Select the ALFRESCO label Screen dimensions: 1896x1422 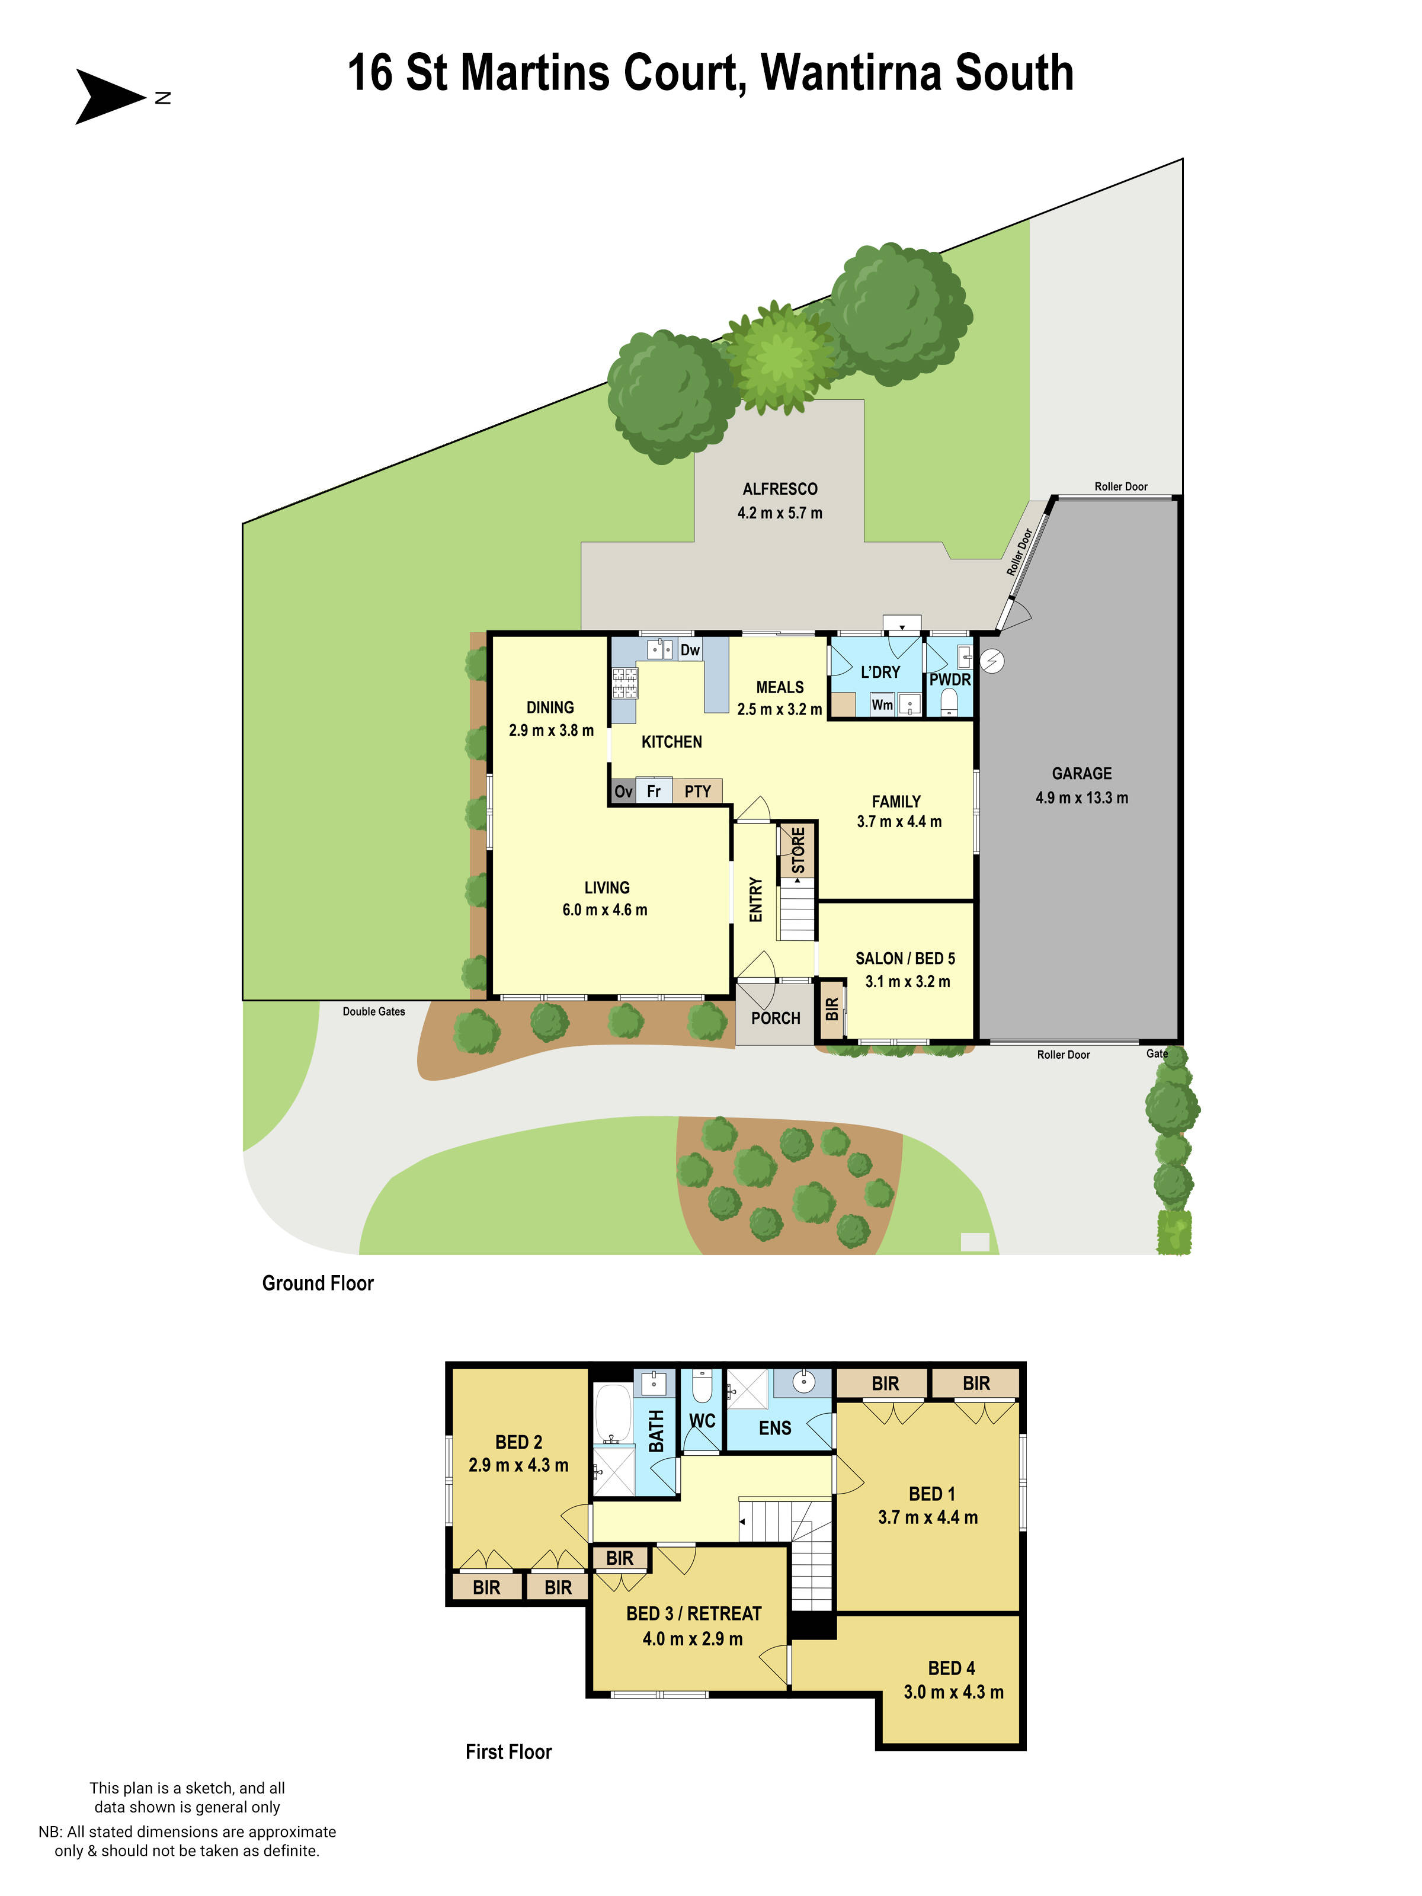(x=779, y=489)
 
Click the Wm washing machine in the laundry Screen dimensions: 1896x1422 (x=882, y=704)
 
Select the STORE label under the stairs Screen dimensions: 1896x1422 (x=798, y=850)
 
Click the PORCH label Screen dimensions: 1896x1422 (x=775, y=1019)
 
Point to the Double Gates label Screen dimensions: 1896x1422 (x=374, y=1011)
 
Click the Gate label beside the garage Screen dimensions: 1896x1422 (x=1157, y=1053)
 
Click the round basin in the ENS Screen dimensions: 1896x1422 (x=804, y=1382)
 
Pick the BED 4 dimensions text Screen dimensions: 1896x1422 (x=953, y=1692)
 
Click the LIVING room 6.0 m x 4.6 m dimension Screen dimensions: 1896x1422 (x=604, y=909)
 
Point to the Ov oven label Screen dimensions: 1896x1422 (x=623, y=791)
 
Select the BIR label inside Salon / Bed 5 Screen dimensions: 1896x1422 (x=831, y=1009)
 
